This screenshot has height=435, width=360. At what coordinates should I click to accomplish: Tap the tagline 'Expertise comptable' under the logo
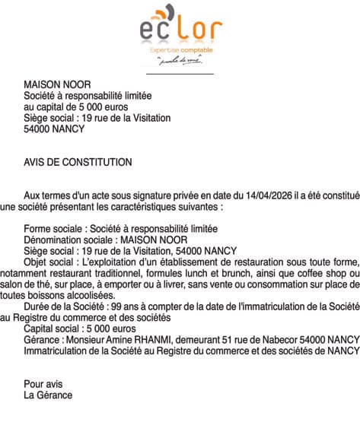(x=180, y=50)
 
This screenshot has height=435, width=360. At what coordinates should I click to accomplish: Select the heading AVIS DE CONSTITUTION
(x=78, y=162)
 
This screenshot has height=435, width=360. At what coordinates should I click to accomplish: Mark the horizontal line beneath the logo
(x=180, y=74)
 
